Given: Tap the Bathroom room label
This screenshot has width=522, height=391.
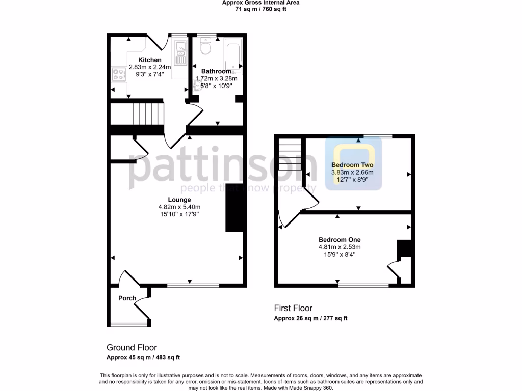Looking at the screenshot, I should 216,71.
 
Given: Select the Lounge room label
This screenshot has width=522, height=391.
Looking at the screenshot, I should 179,200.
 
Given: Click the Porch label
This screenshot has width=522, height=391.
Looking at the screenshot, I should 127,298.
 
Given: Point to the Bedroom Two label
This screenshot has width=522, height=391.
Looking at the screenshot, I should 352,165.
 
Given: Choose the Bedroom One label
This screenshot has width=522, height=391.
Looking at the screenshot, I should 340,240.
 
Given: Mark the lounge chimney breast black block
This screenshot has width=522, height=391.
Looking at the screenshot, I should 234,207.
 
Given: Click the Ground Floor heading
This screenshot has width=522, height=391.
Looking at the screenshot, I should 132,348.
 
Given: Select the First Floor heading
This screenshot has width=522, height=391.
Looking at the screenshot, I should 293,308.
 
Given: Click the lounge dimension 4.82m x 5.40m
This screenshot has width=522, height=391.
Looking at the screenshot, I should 179,207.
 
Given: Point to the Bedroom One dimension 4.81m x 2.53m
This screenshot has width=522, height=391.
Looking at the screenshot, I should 340,247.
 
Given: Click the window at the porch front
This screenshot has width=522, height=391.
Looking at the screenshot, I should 125,325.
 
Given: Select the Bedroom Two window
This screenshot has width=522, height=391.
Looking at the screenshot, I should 378,136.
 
